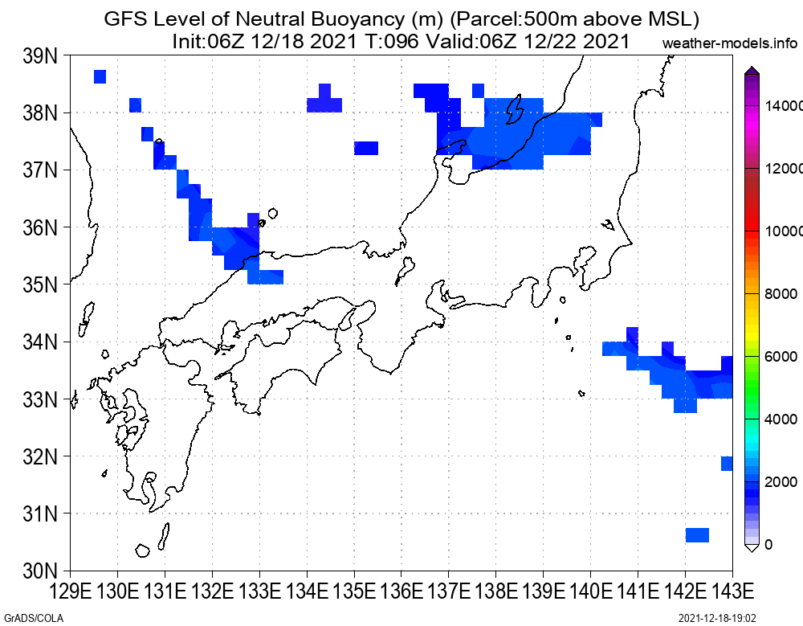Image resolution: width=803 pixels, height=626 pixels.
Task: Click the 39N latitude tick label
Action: click(40, 56)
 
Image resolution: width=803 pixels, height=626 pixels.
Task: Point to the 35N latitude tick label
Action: click(40, 284)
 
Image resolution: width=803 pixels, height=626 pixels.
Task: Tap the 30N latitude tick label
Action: click(40, 570)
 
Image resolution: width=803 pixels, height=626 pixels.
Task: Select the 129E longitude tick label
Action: click(72, 591)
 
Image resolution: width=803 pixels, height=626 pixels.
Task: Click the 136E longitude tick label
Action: click(401, 591)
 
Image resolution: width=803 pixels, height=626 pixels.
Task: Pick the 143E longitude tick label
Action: click(732, 591)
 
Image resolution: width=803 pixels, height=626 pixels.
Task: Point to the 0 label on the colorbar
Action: click(768, 545)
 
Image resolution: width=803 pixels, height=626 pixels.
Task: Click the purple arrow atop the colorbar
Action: click(752, 70)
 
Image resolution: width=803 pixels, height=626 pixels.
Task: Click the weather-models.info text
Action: click(730, 43)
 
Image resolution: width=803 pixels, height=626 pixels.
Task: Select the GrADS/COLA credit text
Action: click(33, 618)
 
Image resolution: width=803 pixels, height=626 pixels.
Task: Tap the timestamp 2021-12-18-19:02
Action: click(717, 618)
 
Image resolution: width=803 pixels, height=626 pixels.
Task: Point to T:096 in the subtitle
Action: click(393, 41)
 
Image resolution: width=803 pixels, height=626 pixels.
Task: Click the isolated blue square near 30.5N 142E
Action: click(697, 534)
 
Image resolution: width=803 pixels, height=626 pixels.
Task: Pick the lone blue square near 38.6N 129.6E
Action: click(100, 76)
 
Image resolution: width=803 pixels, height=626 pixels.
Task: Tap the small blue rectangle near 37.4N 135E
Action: click(366, 148)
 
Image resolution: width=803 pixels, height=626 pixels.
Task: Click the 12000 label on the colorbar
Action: click(784, 169)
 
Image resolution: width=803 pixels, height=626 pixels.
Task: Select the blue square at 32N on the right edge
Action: click(727, 463)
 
